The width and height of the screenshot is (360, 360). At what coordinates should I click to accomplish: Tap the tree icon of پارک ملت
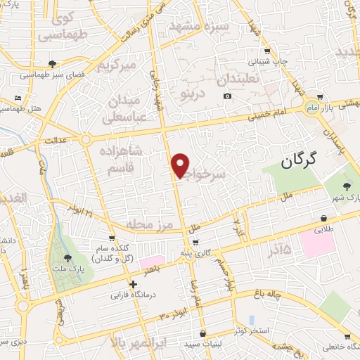[67, 259]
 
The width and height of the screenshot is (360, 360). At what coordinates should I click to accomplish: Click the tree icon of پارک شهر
[347, 185]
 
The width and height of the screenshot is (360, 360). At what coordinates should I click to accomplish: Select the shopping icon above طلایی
[323, 219]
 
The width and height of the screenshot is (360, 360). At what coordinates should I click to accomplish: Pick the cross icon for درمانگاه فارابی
[133, 284]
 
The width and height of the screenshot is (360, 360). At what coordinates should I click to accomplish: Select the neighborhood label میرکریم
[115, 67]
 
